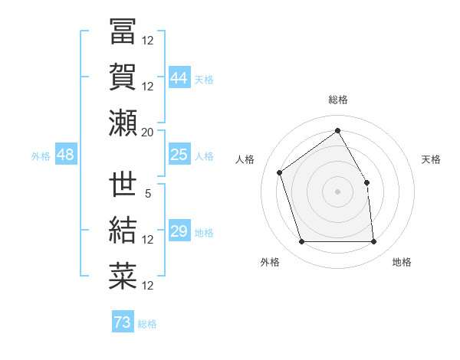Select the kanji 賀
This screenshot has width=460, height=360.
click(x=123, y=77)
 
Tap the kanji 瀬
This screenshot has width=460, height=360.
click(x=123, y=123)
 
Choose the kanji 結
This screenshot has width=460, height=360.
click(x=123, y=231)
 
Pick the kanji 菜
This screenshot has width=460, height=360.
click(x=123, y=277)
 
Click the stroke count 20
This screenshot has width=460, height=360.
click(x=148, y=132)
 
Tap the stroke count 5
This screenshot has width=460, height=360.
click(x=148, y=193)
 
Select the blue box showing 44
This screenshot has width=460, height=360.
click(x=179, y=77)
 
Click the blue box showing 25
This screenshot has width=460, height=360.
click(x=179, y=155)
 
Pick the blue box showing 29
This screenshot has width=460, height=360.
click(x=179, y=231)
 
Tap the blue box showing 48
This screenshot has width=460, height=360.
click(x=65, y=155)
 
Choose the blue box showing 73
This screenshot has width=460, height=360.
click(x=122, y=322)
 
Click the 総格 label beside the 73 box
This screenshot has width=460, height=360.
click(x=147, y=324)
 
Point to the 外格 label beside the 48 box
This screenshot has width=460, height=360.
click(x=41, y=156)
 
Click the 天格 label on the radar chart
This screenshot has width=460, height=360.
click(x=432, y=159)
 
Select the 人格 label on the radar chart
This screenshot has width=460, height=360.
click(x=245, y=159)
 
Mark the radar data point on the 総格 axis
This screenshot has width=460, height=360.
click(x=337, y=130)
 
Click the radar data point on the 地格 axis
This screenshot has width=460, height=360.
click(x=373, y=242)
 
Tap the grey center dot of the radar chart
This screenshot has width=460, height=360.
click(x=337, y=191)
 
